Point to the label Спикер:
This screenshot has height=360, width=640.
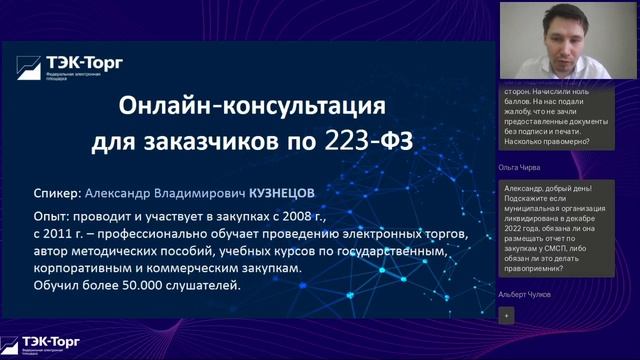[56, 192]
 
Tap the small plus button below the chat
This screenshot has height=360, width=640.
[506, 314]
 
